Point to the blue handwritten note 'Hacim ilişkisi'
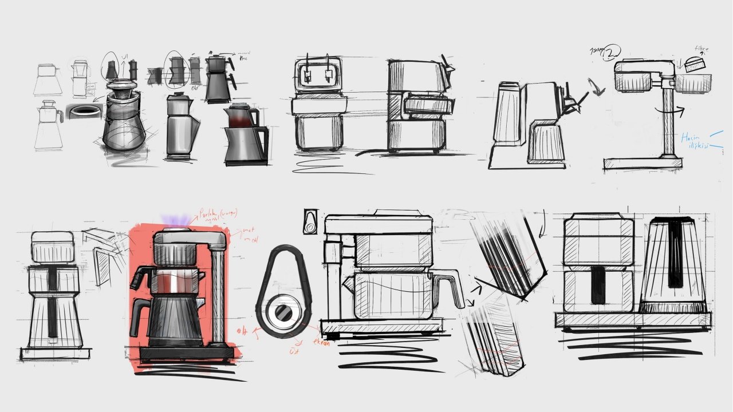coord(695,141)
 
